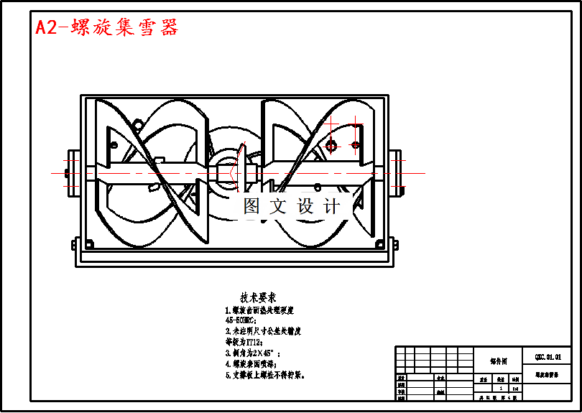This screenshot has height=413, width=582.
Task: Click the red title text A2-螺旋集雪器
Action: pos(107,28)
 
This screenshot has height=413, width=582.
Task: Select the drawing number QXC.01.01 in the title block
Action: pos(548,357)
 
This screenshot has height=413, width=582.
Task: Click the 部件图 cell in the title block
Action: pos(499,361)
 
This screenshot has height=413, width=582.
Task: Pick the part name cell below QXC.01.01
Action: pos(548,375)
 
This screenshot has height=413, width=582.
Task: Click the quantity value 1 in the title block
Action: pos(501,388)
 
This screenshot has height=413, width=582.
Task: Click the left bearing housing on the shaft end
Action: pos(74,172)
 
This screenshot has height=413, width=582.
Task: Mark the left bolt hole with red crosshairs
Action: pos(331,146)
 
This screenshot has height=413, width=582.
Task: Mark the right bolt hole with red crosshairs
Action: pos(355,145)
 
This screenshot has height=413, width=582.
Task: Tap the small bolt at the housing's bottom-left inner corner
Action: pos(89,244)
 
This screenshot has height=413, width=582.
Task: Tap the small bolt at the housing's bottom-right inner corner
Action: pos(379,244)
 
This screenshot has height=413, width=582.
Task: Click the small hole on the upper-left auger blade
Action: pos(114,145)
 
